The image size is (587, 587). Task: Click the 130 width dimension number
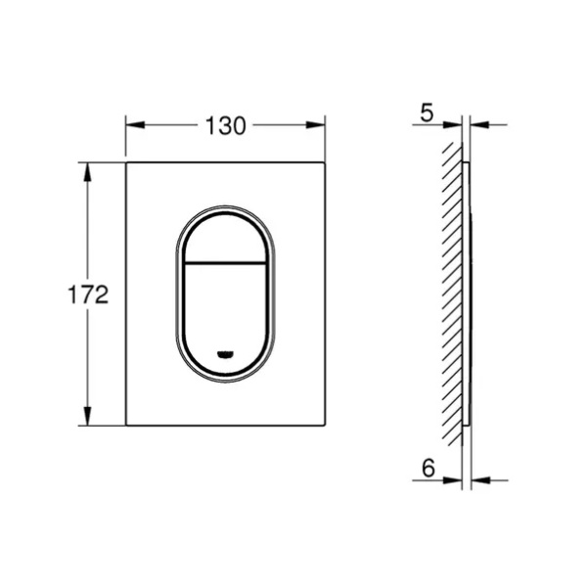(x=226, y=126)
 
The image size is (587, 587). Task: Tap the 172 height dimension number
(x=88, y=294)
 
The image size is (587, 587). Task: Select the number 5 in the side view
(x=427, y=113)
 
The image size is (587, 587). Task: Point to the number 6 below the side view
(x=429, y=468)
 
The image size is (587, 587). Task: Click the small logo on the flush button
(x=225, y=353)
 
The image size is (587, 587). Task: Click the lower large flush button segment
(x=225, y=317)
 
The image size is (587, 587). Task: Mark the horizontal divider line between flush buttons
(x=225, y=261)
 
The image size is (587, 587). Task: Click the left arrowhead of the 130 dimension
(x=136, y=125)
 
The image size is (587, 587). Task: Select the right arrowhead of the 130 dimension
(x=315, y=125)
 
